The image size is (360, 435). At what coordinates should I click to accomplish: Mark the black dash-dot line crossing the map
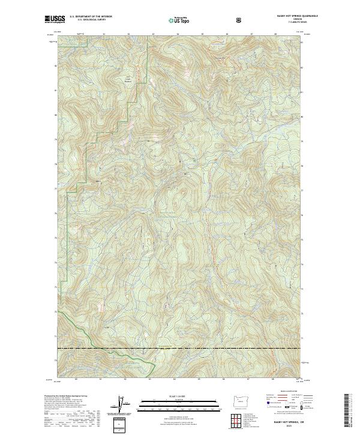click(180, 348)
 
